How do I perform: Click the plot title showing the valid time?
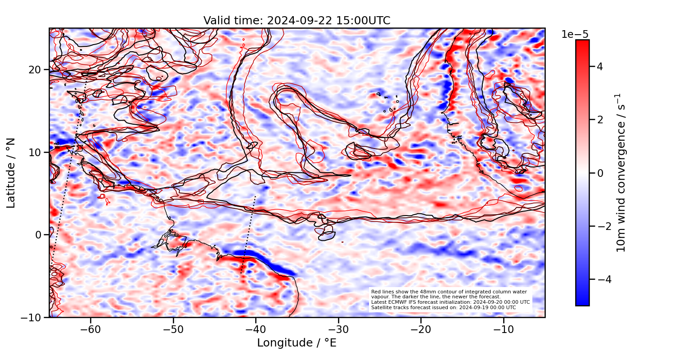[x=297, y=21]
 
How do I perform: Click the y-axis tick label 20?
[x=36, y=70]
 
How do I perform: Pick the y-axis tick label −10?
[x=32, y=317]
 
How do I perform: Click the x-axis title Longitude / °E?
[x=297, y=343]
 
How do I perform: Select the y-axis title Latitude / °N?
[x=11, y=173]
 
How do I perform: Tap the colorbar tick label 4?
[x=600, y=67]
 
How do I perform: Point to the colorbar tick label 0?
[x=600, y=173]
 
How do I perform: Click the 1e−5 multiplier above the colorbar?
[x=575, y=35]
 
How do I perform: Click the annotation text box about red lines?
[x=450, y=300]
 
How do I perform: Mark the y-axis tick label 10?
[x=36, y=153]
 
